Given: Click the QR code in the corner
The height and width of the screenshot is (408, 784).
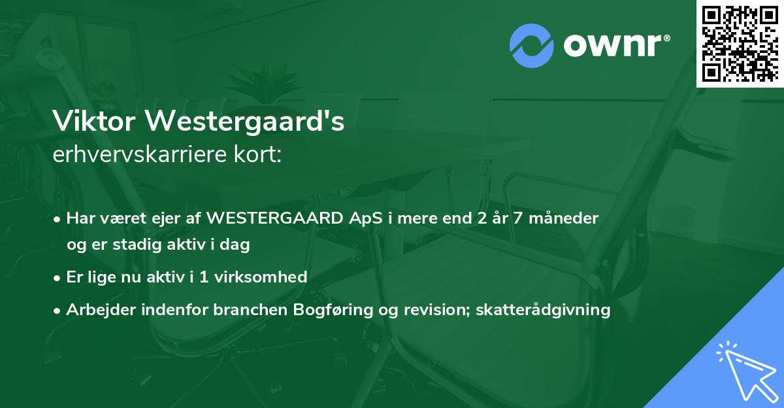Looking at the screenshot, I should click(x=740, y=43).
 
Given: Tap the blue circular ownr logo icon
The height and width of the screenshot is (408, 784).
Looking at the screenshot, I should click(x=531, y=45).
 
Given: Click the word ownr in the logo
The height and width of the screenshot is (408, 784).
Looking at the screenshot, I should click(x=613, y=44).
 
